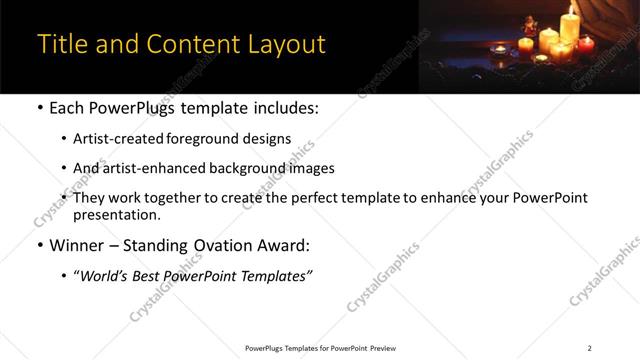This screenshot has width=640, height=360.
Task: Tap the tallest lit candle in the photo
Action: click(570, 24)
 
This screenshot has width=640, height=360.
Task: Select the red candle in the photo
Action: click(586, 44)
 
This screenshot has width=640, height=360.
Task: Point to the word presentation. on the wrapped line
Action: click(117, 214)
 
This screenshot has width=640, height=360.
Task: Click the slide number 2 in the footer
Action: click(589, 348)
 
